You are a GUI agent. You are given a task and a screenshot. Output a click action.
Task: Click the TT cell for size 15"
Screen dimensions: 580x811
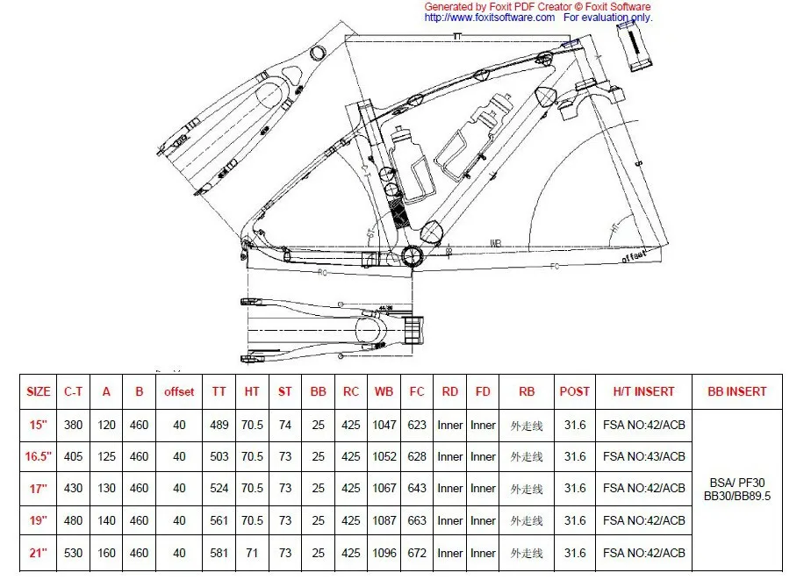coord(219,425)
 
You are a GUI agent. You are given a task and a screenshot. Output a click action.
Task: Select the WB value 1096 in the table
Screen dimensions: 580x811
coord(384,554)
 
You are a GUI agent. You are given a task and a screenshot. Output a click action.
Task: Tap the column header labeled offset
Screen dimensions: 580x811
coord(179,391)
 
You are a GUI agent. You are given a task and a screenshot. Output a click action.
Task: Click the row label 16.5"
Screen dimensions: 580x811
coord(39,456)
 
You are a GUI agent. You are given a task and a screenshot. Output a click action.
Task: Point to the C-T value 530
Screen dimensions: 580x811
coord(74,554)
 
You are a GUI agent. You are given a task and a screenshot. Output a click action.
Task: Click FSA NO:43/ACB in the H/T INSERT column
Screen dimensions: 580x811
coord(644,456)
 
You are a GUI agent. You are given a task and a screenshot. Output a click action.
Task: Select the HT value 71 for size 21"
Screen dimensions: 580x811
coord(253,554)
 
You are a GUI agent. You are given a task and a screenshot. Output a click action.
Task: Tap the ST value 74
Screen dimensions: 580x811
coord(285,425)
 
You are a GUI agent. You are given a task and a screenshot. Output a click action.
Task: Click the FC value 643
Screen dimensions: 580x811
coord(418,489)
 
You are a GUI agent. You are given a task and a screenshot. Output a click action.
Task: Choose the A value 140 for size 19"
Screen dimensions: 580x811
coord(106,521)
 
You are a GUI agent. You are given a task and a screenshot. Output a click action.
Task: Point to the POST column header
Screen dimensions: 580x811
coord(575,391)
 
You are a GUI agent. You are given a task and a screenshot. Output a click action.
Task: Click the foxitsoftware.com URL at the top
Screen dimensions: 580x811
coord(489,17)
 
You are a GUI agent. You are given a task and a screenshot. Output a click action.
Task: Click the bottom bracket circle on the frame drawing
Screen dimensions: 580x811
coord(413,255)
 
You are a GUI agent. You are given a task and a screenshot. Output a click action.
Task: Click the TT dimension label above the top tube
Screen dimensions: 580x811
coord(456,36)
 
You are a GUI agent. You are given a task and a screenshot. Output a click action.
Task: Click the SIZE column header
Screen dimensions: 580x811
coord(39,391)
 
